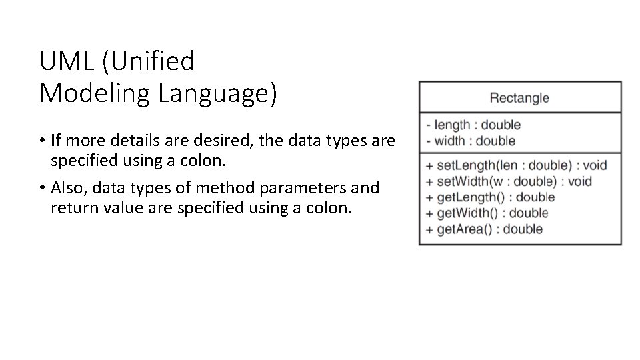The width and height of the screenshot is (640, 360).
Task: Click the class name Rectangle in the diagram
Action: point(519,98)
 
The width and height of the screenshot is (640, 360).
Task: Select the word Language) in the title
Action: point(217,93)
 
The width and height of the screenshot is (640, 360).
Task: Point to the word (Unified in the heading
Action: point(148,62)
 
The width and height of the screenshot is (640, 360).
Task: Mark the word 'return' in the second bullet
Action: point(71,208)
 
